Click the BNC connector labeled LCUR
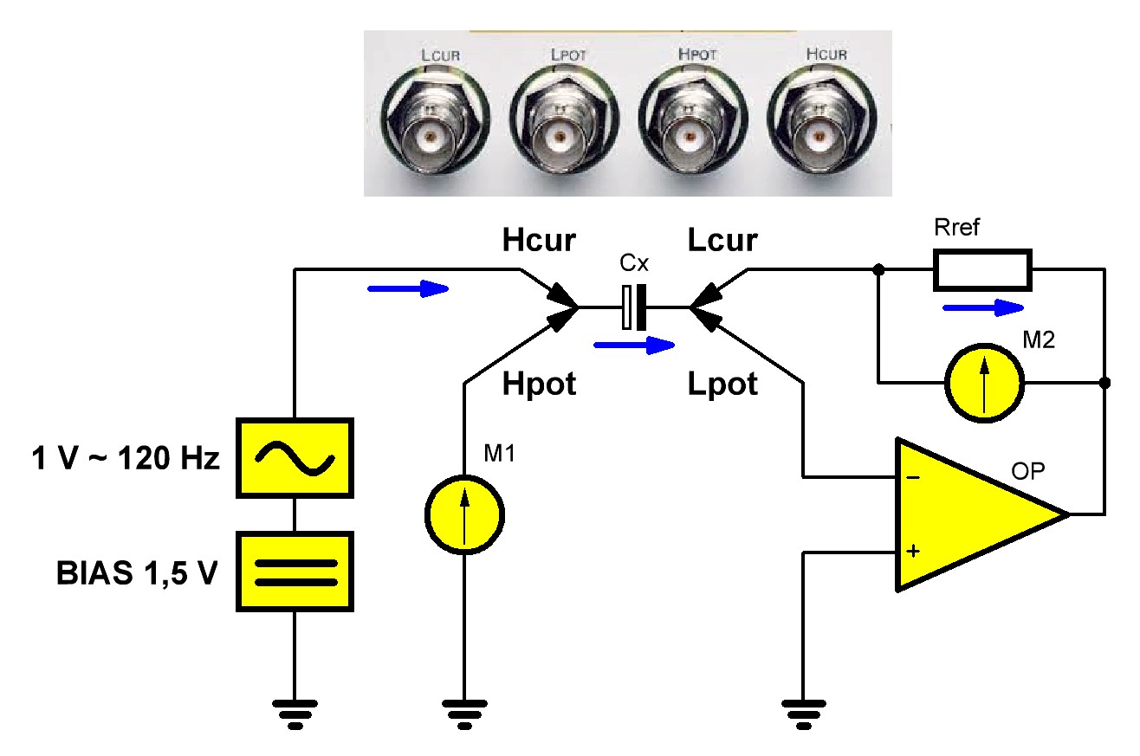(x=435, y=120)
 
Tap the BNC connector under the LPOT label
(x=565, y=120)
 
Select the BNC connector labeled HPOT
(x=693, y=120)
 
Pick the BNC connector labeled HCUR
(x=822, y=120)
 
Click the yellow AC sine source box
(x=295, y=458)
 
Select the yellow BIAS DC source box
(x=295, y=572)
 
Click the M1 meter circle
(x=464, y=515)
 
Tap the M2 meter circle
(x=984, y=383)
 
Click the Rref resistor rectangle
(x=982, y=270)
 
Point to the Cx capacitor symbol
(x=634, y=307)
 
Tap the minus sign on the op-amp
(x=913, y=477)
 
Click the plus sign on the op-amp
(x=913, y=551)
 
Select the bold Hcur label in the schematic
(x=539, y=240)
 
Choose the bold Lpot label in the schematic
(x=722, y=384)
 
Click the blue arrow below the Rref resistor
(x=983, y=307)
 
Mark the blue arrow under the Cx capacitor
(x=634, y=346)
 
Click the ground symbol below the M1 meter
(x=464, y=714)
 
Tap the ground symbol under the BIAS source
(x=295, y=714)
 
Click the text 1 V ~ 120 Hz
(x=126, y=458)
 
